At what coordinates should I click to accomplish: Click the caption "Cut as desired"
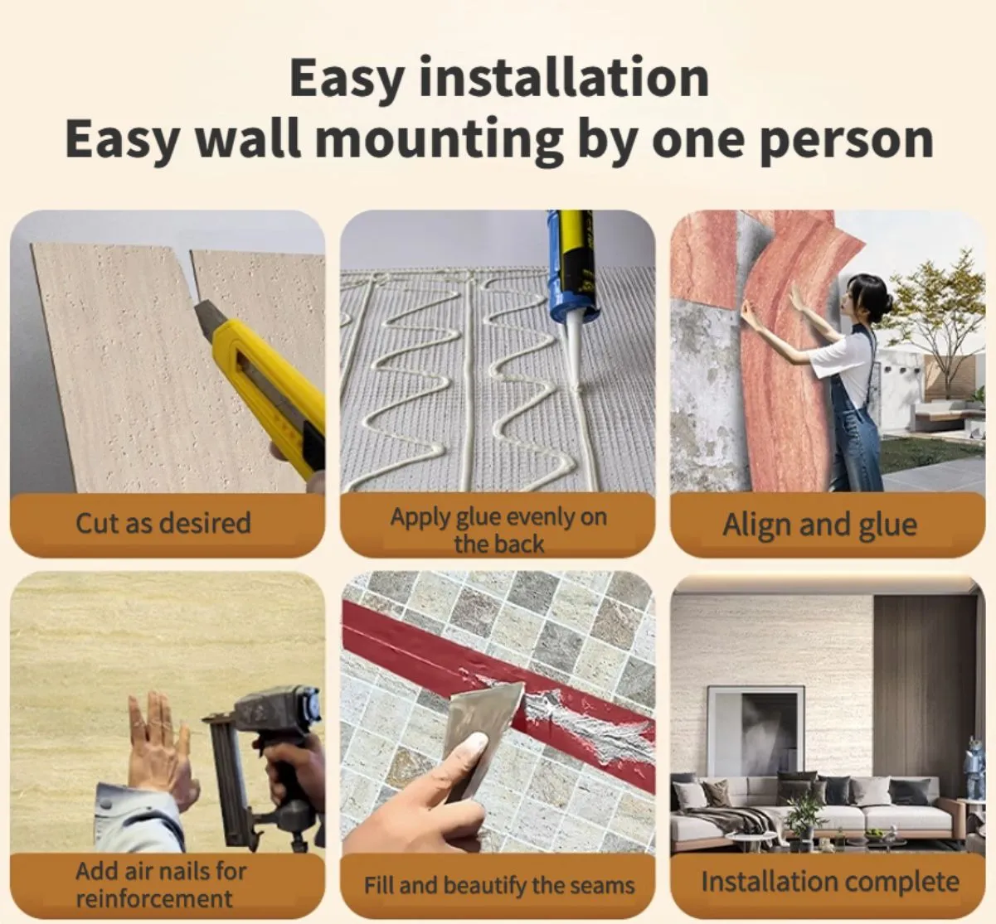(163, 523)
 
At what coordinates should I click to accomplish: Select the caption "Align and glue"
(819, 525)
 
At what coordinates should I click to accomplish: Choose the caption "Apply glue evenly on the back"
(498, 530)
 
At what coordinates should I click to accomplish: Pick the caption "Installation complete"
(829, 882)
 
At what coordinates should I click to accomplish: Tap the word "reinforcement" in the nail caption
(154, 898)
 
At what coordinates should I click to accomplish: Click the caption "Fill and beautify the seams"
(499, 885)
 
